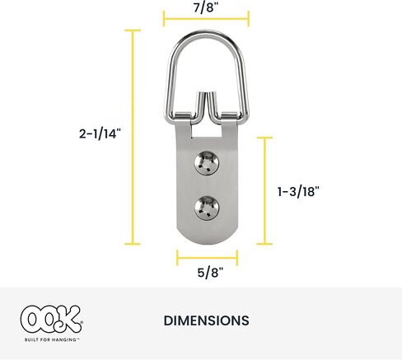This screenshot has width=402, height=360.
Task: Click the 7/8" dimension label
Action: [205, 7]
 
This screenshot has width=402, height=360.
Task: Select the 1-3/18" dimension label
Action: [298, 190]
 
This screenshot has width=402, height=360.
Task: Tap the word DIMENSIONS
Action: [207, 320]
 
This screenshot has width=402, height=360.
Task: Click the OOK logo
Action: [50, 317]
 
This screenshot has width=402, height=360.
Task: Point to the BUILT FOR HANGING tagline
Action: [51, 339]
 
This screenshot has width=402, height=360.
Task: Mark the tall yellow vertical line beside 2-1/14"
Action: [132, 137]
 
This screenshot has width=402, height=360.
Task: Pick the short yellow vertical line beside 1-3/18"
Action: [264, 190]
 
